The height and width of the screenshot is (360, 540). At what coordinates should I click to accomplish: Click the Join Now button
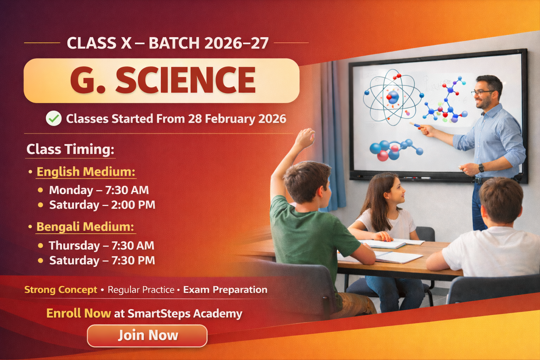147,336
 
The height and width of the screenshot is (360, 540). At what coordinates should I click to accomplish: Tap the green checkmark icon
54,118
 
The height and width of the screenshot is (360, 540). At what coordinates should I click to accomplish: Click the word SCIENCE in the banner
185,80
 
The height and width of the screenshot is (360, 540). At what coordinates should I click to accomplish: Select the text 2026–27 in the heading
236,43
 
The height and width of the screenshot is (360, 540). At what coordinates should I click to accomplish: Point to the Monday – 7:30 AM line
99,190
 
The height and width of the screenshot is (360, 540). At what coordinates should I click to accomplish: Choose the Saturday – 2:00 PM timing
102,205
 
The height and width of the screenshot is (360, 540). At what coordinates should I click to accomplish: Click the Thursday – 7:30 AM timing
102,245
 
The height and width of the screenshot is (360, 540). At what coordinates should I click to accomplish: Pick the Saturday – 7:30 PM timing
102,261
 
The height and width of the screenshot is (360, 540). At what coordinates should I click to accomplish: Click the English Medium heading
86,172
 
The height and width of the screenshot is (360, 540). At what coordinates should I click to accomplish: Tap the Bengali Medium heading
85,227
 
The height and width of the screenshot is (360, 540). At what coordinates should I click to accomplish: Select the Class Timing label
70,149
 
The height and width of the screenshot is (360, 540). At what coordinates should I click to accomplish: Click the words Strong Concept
61,290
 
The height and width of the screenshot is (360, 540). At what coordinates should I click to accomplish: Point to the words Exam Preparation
225,290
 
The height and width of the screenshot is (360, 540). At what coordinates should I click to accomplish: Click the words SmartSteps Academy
185,314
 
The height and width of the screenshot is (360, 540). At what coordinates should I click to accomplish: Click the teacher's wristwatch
481,168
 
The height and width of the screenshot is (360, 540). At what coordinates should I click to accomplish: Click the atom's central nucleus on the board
393,97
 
